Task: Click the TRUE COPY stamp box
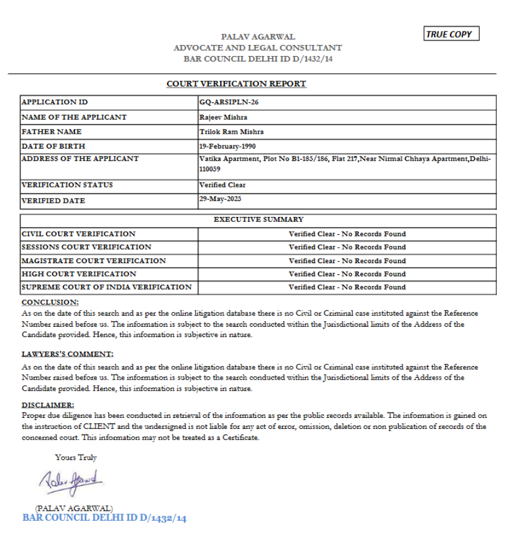point(451,35)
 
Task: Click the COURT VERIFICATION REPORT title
point(236,84)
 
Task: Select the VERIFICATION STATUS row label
point(67,185)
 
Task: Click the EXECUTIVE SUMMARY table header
point(258,219)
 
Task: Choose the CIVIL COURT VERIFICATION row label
point(78,234)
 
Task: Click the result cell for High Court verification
point(347,274)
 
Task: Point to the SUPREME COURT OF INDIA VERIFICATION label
point(107,287)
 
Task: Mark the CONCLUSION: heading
point(50,303)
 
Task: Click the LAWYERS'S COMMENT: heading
point(68,354)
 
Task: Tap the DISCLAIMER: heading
point(48,406)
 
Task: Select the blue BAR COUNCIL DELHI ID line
point(104,518)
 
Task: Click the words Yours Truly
point(76,458)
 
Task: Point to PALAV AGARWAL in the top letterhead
point(258,37)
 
